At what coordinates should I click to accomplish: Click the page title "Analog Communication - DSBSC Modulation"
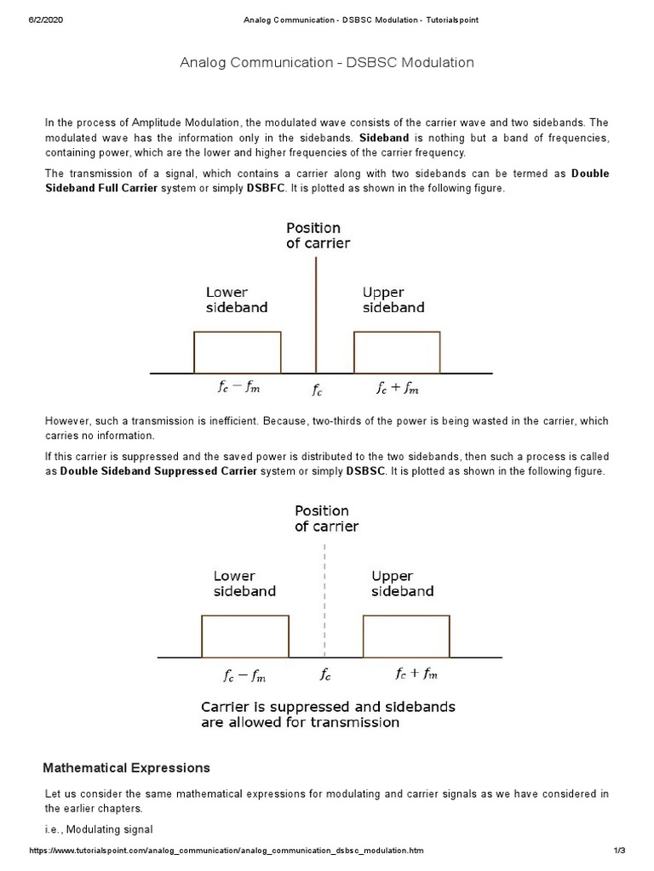327,63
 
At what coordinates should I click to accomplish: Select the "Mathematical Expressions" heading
126,768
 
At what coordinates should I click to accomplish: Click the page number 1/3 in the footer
619,851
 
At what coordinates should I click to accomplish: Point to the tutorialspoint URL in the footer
226,851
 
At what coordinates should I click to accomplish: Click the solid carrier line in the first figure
317,315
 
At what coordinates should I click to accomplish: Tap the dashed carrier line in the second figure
324,595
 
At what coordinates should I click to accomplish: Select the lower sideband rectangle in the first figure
238,352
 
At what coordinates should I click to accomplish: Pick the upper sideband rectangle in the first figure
397,352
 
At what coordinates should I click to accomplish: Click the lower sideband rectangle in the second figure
245,635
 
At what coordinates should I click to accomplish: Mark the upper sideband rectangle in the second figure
406,635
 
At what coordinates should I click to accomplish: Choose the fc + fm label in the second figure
416,675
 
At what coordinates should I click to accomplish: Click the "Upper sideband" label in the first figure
393,300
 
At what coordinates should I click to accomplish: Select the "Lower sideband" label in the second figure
244,584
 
